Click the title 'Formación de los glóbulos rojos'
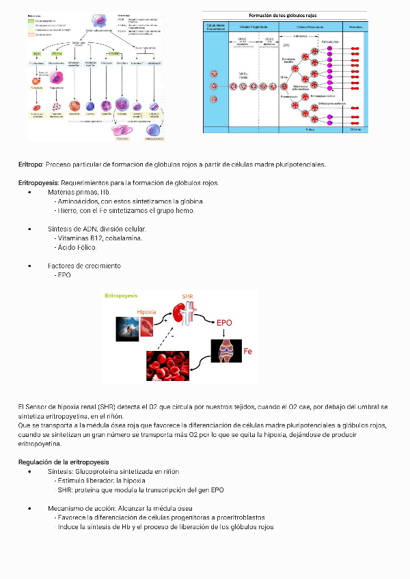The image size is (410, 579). tap(286, 15)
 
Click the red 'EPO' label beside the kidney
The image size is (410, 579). tap(224, 322)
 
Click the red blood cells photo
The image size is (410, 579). tap(167, 366)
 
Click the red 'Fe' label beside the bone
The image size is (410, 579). tap(248, 352)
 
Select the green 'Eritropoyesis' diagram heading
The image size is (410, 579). tap(121, 296)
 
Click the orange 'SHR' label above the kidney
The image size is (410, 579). tap(188, 297)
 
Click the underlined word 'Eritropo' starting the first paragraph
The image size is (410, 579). tap(30, 165)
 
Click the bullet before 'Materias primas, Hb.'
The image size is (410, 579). tap(30, 193)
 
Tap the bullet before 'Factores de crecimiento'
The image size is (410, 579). tap(30, 266)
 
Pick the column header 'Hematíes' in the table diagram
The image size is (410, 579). tap(355, 27)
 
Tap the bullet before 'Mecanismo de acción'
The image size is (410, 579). tap(30, 509)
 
